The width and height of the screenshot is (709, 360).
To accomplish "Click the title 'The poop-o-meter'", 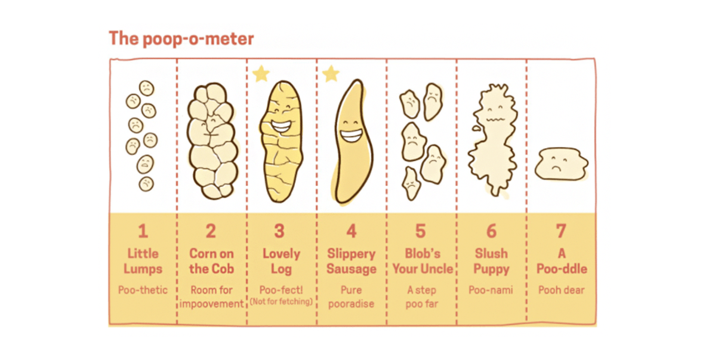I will click(x=181, y=39).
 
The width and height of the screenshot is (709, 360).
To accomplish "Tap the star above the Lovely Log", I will click(x=260, y=74).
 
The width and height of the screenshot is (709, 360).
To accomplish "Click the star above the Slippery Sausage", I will click(x=330, y=74).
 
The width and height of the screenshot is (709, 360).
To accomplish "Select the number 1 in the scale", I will click(x=143, y=231).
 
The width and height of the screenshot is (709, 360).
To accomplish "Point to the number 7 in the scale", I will click(x=561, y=231).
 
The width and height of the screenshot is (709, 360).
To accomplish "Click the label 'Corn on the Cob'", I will click(x=211, y=261).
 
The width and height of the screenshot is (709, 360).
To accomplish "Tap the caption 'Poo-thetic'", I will click(x=143, y=290).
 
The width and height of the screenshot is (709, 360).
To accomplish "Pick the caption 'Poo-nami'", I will click(x=491, y=290).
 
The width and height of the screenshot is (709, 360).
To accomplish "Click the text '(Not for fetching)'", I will click(x=281, y=301).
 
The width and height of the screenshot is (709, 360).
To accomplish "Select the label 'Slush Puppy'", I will click(x=491, y=261).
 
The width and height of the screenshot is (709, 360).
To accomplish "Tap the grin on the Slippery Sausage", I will click(x=351, y=136).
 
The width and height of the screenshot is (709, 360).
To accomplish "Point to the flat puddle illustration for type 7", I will click(x=560, y=164).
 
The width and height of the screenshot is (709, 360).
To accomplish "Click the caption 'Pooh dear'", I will click(x=561, y=290).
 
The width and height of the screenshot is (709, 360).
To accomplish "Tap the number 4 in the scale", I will click(x=352, y=231).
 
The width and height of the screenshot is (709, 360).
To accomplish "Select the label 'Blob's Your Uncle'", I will click(x=422, y=261).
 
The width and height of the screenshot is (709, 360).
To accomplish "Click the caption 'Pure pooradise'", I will click(x=351, y=297).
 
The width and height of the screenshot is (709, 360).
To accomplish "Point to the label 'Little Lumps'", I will click(x=143, y=261).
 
